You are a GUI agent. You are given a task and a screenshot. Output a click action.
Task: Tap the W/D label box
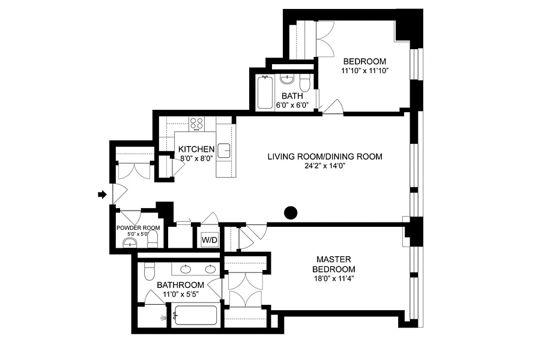pos(210,239)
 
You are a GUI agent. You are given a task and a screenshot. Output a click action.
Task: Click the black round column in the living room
pos(291,213)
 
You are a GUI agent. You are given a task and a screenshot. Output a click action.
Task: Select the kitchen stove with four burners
pos(197,124)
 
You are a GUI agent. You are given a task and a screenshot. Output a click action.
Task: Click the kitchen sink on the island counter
pos(225,151)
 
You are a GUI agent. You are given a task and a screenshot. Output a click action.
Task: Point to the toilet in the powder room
pos(153,239)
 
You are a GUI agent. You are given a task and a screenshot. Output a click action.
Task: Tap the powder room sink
pos(130,244)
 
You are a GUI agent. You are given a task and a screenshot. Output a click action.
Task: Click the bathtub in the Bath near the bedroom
pos(265,92)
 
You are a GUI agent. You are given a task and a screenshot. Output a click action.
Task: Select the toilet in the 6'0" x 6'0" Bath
pos(305,83)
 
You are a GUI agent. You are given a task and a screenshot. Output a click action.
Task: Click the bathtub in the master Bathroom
pos(195,315)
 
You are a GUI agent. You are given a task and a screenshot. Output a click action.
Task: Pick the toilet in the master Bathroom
pos(150,271)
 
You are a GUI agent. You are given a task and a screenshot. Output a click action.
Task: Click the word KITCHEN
pos(196,149)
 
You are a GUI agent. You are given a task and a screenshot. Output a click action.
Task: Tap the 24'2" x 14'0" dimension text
pos(325,166)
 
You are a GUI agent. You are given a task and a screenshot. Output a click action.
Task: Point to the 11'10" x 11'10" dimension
pos(364,71)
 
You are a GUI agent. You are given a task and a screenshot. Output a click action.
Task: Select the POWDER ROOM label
pos(138,228)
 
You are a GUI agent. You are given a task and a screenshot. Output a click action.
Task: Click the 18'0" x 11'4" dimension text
pos(334,278)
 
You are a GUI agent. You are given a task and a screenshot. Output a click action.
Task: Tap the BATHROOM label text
pos(181,285)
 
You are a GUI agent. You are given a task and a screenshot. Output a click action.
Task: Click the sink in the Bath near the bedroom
pos(287,80)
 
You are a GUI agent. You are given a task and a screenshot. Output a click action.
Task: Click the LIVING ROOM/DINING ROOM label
pos(325,157)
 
